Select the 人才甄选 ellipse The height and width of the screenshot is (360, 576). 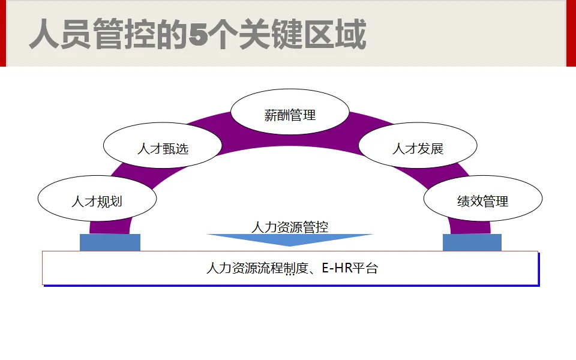pyautogui.click(x=163, y=147)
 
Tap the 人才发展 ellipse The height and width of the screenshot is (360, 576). pyautogui.click(x=418, y=147)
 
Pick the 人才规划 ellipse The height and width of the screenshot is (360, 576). pyautogui.click(x=97, y=200)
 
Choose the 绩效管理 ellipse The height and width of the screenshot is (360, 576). pyautogui.click(x=482, y=200)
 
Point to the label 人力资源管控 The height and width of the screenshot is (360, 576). pyautogui.click(x=290, y=227)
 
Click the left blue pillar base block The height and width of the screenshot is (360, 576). pyautogui.click(x=110, y=242)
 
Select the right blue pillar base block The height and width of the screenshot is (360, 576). pyautogui.click(x=472, y=242)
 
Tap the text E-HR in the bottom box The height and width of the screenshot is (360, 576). pyautogui.click(x=335, y=268)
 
